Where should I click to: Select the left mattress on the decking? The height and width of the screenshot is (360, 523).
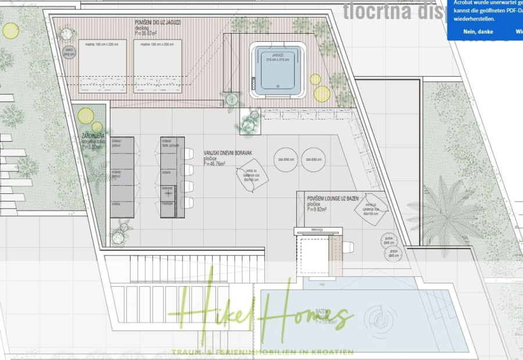point(102,66)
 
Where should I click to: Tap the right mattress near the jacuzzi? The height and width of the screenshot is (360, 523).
point(157,66)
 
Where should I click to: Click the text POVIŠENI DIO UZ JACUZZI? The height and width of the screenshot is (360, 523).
point(157,22)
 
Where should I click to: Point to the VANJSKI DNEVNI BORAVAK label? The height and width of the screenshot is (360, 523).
point(228,153)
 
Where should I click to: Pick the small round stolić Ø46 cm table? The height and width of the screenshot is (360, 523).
point(69,52)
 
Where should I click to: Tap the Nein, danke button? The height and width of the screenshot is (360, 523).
point(478,32)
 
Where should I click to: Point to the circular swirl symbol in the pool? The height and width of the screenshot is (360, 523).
point(381,317)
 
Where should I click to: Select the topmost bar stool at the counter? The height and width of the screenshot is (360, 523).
point(187,154)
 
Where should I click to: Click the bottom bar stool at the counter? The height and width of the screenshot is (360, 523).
point(187,203)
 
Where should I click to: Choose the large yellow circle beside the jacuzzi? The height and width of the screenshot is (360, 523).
point(322,93)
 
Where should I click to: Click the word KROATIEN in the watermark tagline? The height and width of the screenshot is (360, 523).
point(331,352)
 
